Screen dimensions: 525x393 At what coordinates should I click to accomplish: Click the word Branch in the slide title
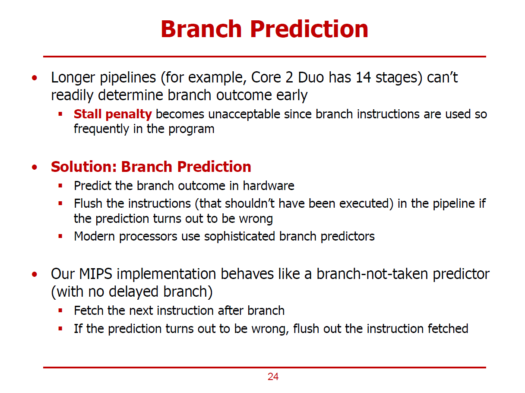[201, 29]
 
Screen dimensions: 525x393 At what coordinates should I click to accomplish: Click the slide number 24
[273, 377]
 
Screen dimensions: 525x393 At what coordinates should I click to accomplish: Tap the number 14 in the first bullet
[363, 77]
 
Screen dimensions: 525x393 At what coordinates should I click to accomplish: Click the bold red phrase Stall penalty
[113, 114]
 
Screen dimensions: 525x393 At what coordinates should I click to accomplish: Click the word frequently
[101, 129]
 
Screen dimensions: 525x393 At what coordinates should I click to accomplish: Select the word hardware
[269, 186]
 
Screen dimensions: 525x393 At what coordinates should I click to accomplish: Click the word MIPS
[95, 274]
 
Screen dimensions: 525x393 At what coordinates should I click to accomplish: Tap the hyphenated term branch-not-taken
[372, 274]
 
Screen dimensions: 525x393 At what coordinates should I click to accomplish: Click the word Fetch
[89, 311]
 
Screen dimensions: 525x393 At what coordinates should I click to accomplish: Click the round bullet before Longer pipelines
[35, 78]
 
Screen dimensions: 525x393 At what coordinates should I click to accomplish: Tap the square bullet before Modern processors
[60, 237]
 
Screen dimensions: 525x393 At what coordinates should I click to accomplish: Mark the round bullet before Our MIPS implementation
[35, 274]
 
